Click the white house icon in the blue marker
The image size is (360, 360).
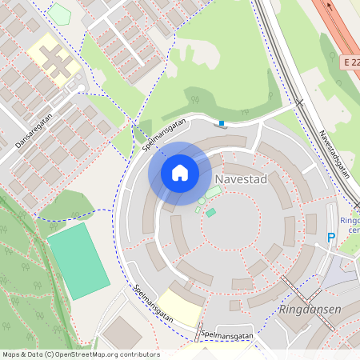[x=179, y=173]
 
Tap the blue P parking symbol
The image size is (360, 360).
[x=331, y=238]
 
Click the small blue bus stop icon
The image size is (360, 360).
[x=222, y=122]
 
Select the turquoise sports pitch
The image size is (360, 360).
[x=78, y=261]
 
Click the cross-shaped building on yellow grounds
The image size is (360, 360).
[x=55, y=60]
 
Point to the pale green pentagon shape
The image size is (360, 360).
[x=58, y=14]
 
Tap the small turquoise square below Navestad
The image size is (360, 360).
[x=210, y=212]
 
